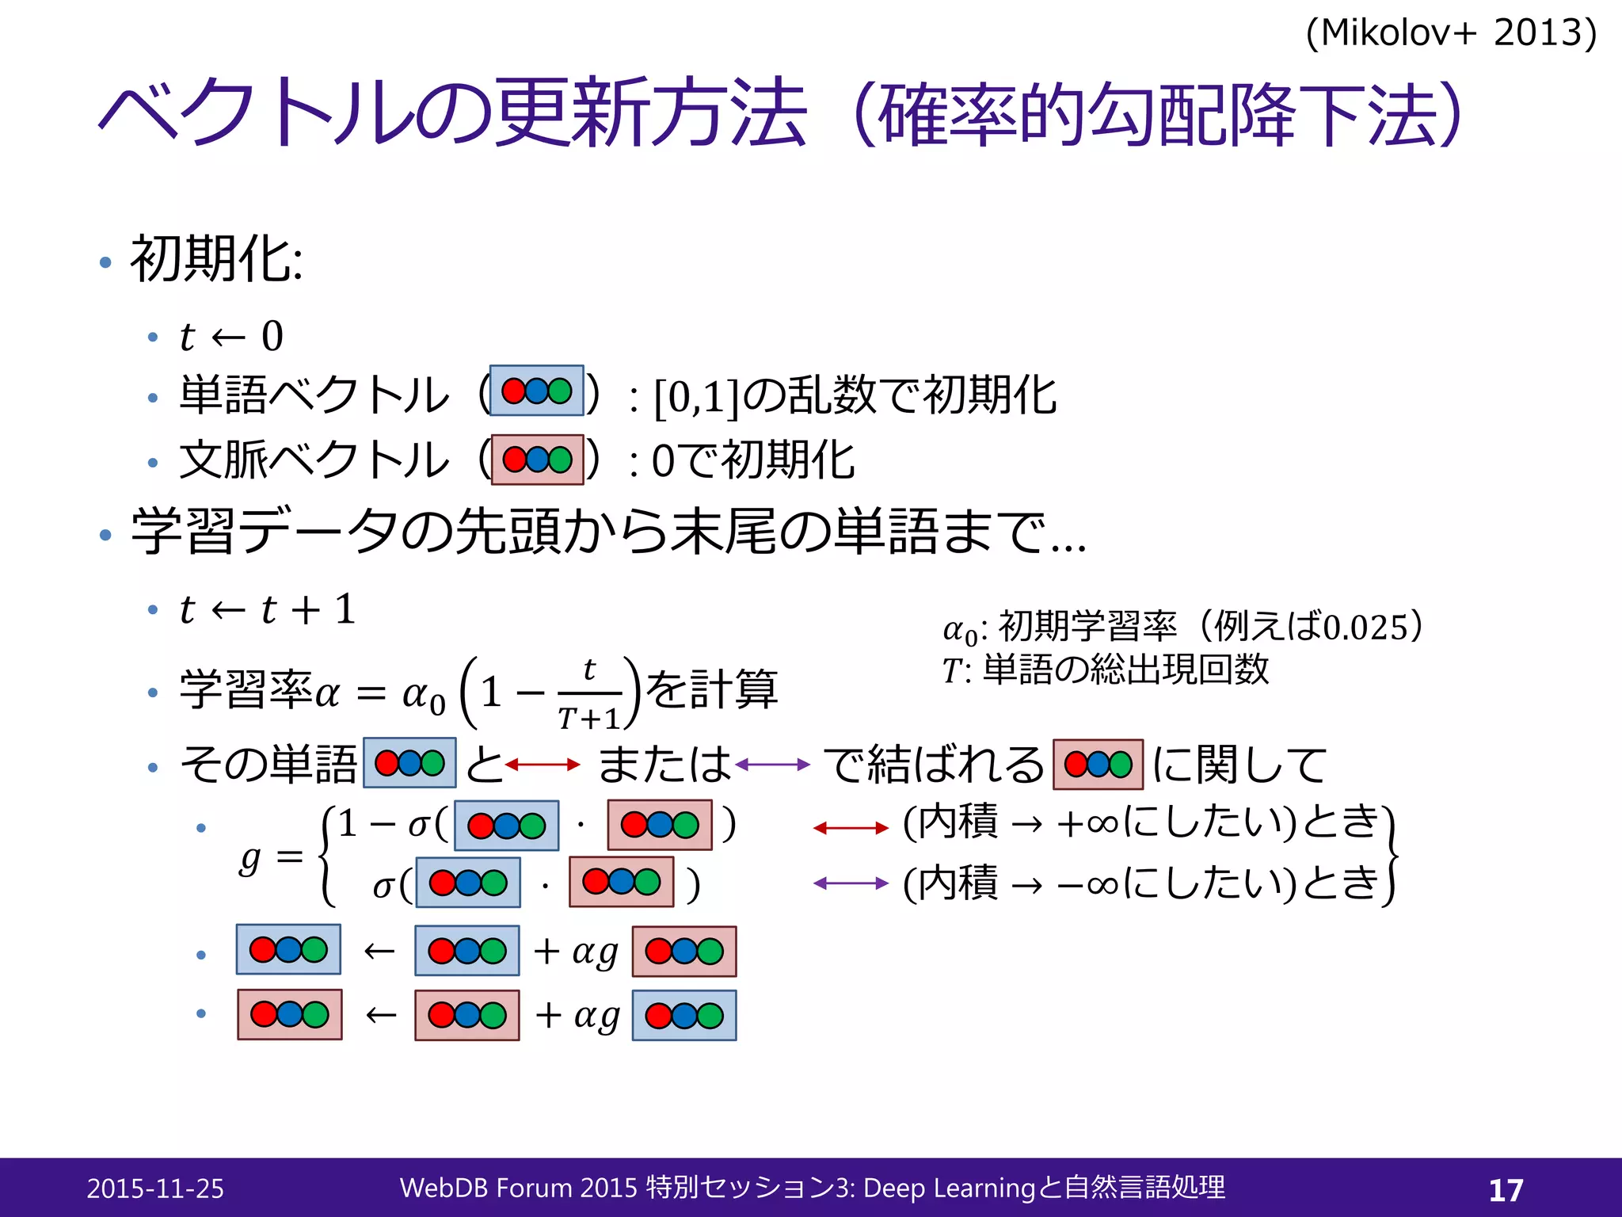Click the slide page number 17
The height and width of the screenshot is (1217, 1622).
[1506, 1190]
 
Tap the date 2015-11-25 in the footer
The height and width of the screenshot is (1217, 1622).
[155, 1188]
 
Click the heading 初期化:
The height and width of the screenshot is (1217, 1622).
[216, 259]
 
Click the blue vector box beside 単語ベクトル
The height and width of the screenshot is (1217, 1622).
[537, 391]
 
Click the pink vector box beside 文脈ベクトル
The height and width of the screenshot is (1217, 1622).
[537, 460]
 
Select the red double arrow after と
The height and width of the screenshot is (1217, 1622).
[543, 765]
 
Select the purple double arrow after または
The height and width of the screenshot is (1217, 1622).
[772, 765]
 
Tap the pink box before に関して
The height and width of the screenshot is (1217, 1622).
[1098, 765]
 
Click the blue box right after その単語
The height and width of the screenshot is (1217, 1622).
[409, 763]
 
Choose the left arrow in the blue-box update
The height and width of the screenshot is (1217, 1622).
[379, 951]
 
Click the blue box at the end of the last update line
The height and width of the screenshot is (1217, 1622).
[684, 1016]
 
